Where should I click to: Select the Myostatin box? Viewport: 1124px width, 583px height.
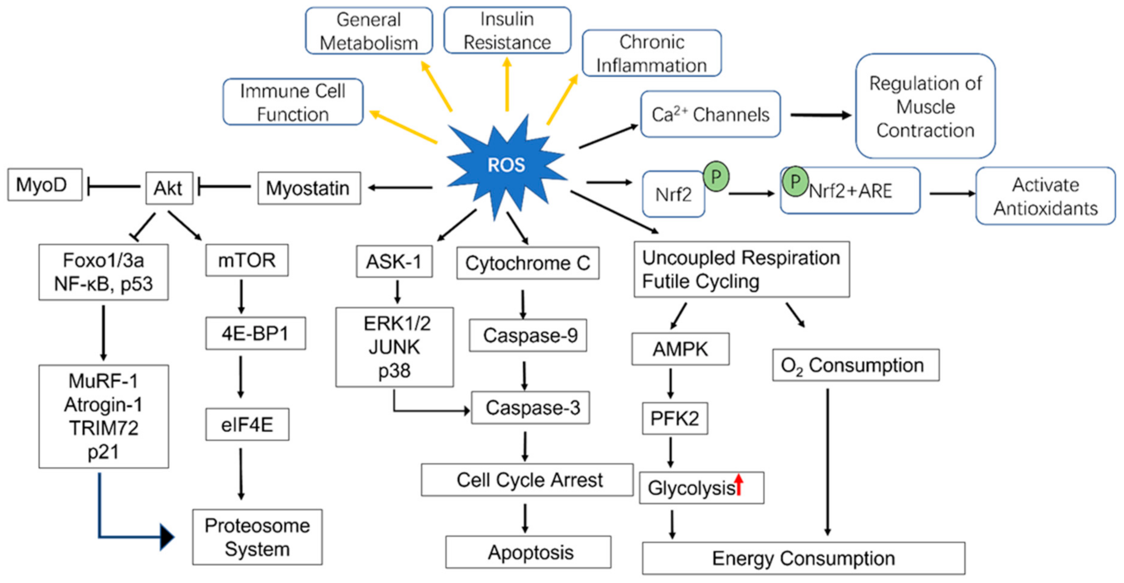(x=309, y=188)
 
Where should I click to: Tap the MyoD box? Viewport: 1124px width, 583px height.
(x=45, y=185)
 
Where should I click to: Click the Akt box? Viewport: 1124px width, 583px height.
(x=169, y=188)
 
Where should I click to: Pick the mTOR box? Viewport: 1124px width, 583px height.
(x=247, y=260)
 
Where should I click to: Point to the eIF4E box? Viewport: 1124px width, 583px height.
(x=247, y=424)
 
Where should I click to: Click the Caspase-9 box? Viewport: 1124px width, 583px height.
(x=528, y=336)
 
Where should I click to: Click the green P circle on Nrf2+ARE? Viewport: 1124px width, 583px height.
(x=795, y=181)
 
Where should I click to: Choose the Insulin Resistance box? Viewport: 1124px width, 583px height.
(x=507, y=31)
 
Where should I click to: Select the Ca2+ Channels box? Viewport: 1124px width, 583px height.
(x=710, y=114)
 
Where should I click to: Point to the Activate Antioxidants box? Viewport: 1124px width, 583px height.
(x=1045, y=196)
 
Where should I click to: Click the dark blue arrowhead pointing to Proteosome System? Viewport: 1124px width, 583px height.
(x=167, y=537)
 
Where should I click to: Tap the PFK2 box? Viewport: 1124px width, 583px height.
(x=675, y=418)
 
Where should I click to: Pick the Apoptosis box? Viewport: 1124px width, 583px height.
(x=528, y=552)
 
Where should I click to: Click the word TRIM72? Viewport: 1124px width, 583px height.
(x=104, y=428)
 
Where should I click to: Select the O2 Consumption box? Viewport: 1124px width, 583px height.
(x=856, y=365)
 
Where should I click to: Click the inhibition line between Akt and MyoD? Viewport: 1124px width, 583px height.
(x=113, y=186)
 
